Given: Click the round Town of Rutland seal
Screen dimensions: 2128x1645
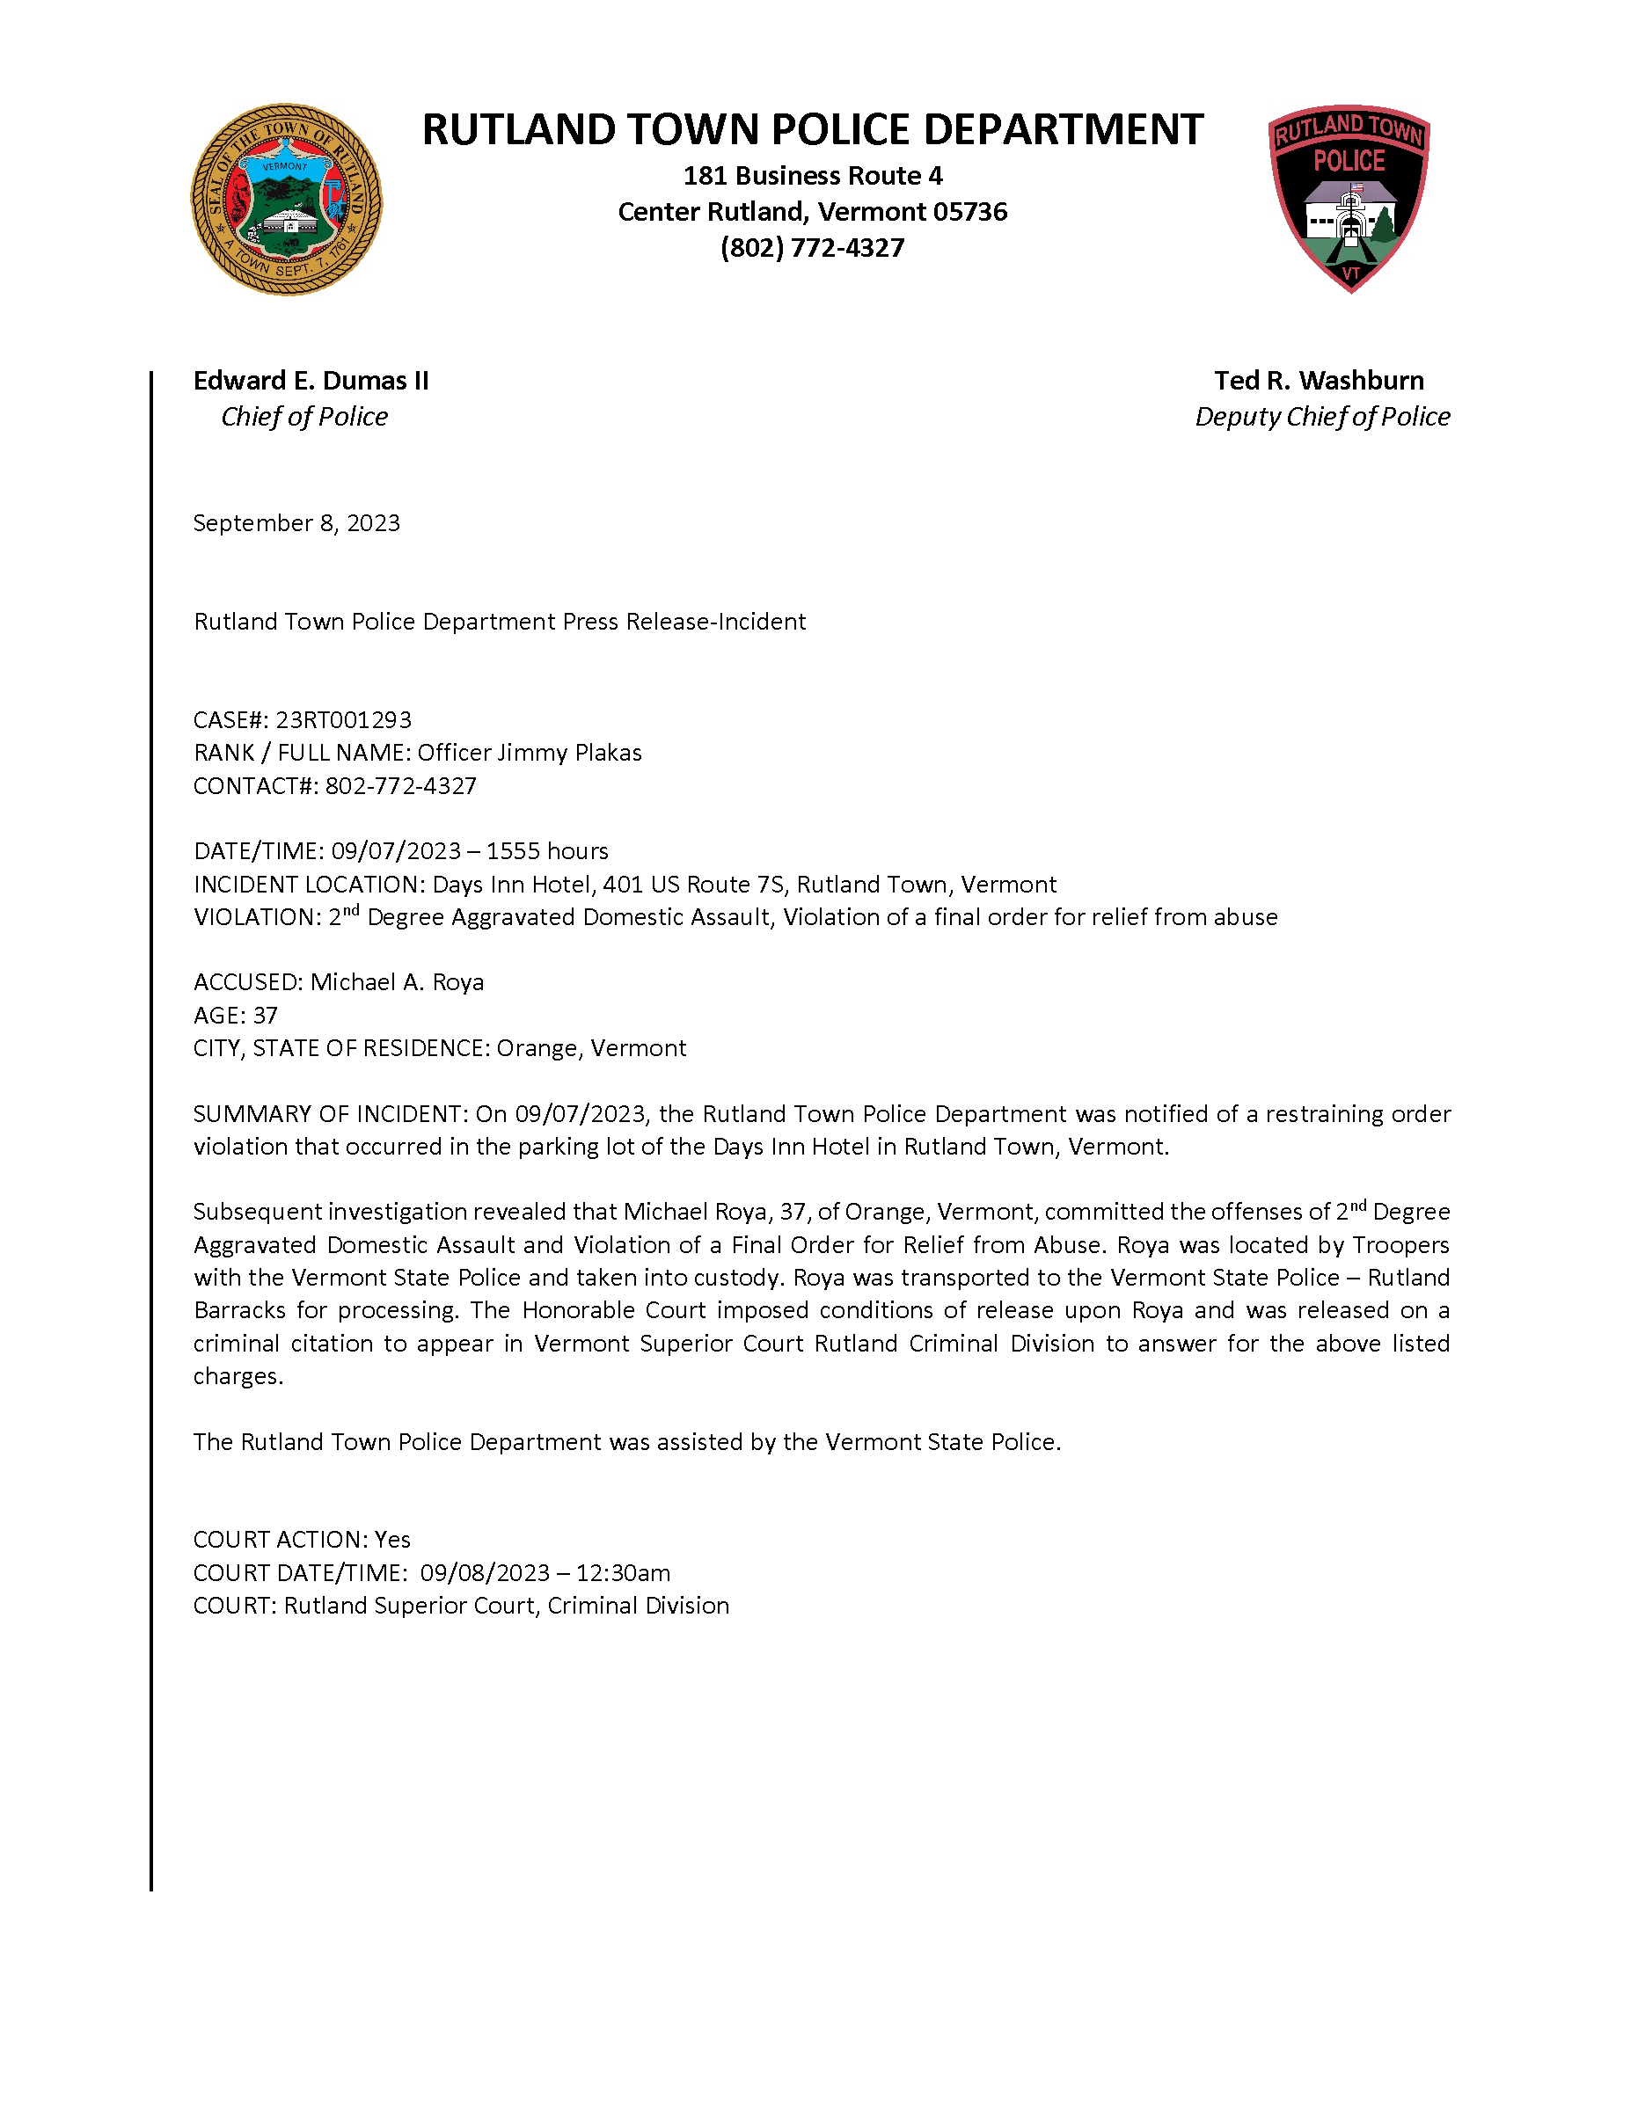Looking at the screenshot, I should click(286, 200).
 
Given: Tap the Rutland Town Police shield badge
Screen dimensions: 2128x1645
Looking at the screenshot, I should click(1349, 198).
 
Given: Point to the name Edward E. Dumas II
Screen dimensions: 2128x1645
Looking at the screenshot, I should click(311, 381).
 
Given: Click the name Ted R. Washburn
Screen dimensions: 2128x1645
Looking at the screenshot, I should click(1319, 381).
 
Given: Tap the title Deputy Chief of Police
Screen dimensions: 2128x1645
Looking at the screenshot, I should click(1322, 417).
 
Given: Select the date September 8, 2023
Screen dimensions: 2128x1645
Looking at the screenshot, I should click(296, 523).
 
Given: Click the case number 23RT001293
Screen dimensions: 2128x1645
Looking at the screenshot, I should click(343, 720).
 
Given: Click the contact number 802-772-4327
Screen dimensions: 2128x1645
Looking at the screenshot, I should click(400, 786).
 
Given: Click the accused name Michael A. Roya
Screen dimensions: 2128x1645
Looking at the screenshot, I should click(397, 982).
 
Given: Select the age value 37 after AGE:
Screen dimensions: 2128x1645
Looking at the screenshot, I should click(265, 1016).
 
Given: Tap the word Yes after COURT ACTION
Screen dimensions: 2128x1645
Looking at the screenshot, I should click(392, 1540).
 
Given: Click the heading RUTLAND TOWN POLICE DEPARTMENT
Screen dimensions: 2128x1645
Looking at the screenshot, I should click(812, 129).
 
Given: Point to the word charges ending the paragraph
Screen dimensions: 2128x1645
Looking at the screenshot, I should click(237, 1376).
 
